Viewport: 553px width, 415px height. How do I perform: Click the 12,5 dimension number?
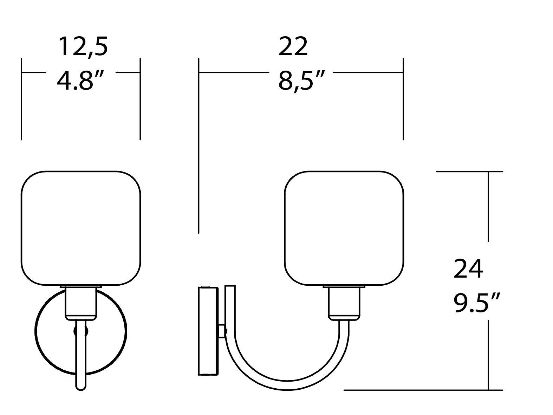[x=83, y=47]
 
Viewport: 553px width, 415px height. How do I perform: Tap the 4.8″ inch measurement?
[x=80, y=80]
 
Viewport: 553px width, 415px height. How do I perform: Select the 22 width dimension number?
[x=293, y=47]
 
